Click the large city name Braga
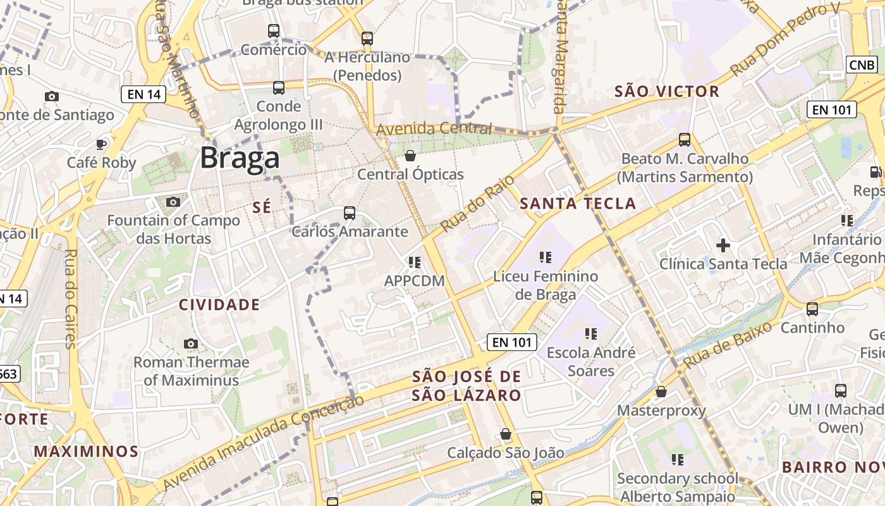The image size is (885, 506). coord(240,158)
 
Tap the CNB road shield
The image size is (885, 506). coord(862,65)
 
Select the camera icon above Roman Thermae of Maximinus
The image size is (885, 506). coord(191,343)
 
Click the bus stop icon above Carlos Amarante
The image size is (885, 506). coord(350,213)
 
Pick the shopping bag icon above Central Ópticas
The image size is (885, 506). coord(410,156)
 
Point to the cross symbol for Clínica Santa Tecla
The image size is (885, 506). coord(723,245)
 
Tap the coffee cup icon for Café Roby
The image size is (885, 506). coord(101,144)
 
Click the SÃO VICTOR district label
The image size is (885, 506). coord(667,92)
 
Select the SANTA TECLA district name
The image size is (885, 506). coord(578,203)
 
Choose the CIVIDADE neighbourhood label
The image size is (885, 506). coord(219,305)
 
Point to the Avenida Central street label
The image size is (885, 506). coord(434,129)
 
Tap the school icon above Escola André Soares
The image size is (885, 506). coord(591,333)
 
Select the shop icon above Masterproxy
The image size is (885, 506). coord(661,392)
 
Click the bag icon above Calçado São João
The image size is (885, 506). coord(505,434)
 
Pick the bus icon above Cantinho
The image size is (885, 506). coord(812,309)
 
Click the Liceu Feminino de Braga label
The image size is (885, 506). coord(546,285)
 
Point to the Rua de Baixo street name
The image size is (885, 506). coord(728,345)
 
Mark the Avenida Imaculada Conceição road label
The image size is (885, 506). coord(263,442)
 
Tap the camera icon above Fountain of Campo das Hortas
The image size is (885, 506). coord(173,202)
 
